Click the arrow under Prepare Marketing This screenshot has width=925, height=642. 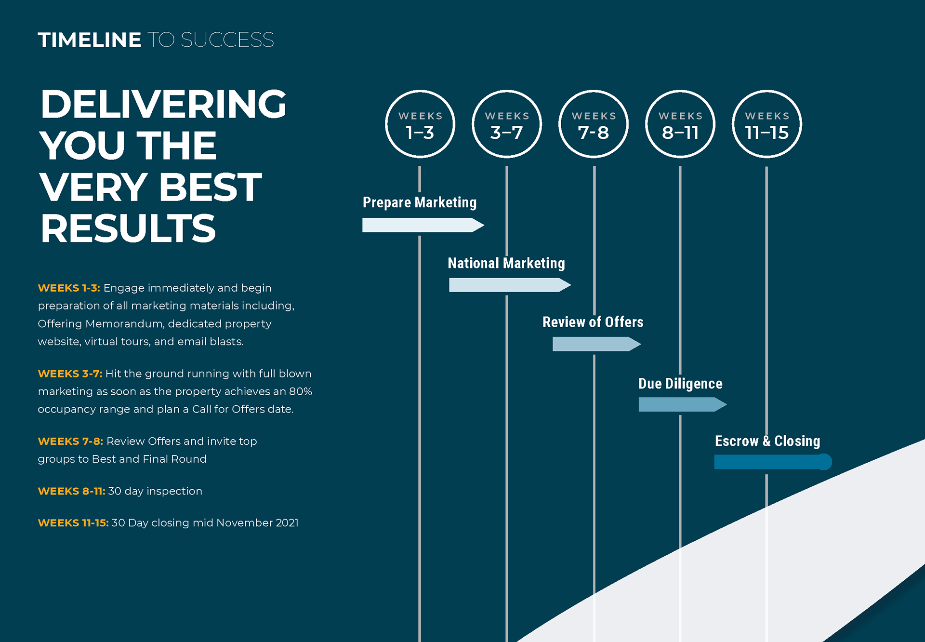tap(423, 225)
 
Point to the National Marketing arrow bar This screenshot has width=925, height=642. tap(510, 285)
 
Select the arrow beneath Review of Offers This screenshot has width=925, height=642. tap(596, 344)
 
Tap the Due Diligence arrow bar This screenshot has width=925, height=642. tap(683, 404)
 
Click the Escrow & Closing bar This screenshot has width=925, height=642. tap(773, 462)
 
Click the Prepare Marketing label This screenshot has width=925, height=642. tap(420, 202)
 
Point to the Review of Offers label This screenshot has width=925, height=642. tap(593, 321)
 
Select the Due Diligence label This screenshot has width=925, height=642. tap(680, 384)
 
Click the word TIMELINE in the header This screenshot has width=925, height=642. tap(90, 40)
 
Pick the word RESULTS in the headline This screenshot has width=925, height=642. tap(128, 228)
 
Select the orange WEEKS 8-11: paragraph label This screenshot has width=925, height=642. tap(71, 491)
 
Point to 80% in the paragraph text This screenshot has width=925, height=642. tap(301, 391)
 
